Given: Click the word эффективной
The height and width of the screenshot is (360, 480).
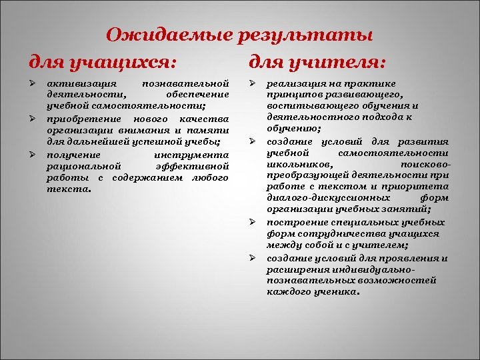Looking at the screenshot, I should point(193,165).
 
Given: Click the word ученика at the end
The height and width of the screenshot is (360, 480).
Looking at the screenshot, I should point(336,291).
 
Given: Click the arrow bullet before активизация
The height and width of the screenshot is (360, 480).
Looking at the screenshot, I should point(31,84).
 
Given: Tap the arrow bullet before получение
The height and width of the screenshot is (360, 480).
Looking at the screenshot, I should point(31,154).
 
